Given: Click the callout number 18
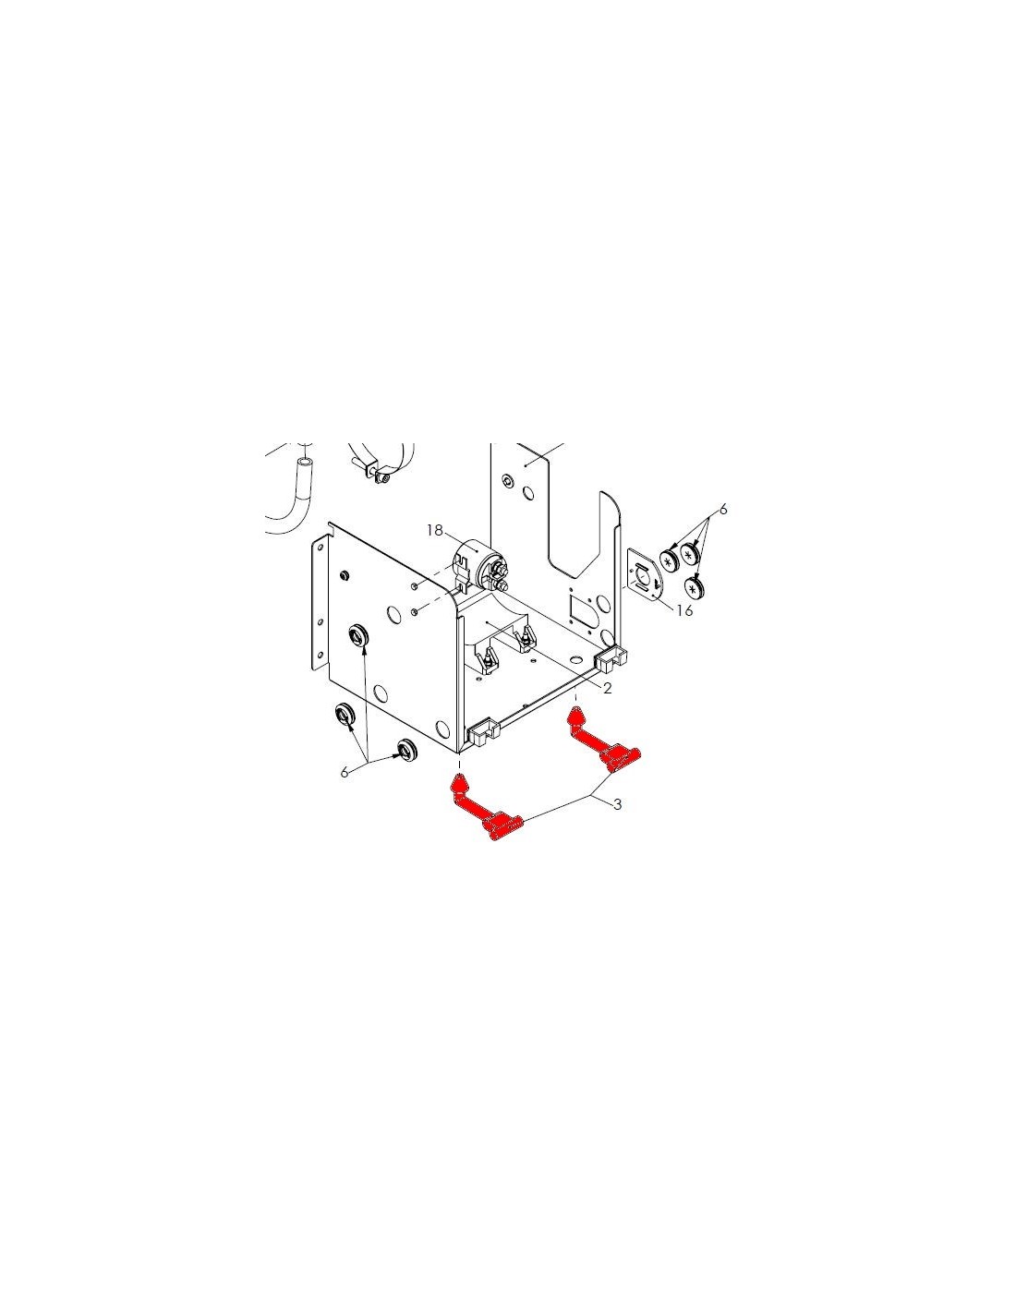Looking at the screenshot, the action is tap(434, 530).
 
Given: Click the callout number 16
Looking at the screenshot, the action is tap(684, 610).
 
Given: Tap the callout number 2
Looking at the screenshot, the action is tap(608, 688).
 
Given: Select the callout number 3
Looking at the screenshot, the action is tap(617, 803).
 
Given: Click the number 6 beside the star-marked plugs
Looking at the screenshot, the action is tap(723, 510).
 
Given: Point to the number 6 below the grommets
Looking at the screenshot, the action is tap(345, 772).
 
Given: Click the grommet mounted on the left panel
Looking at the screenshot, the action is tap(359, 635).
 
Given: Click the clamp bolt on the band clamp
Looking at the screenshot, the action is tap(382, 479).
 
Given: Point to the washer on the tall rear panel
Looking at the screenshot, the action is tap(506, 480).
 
